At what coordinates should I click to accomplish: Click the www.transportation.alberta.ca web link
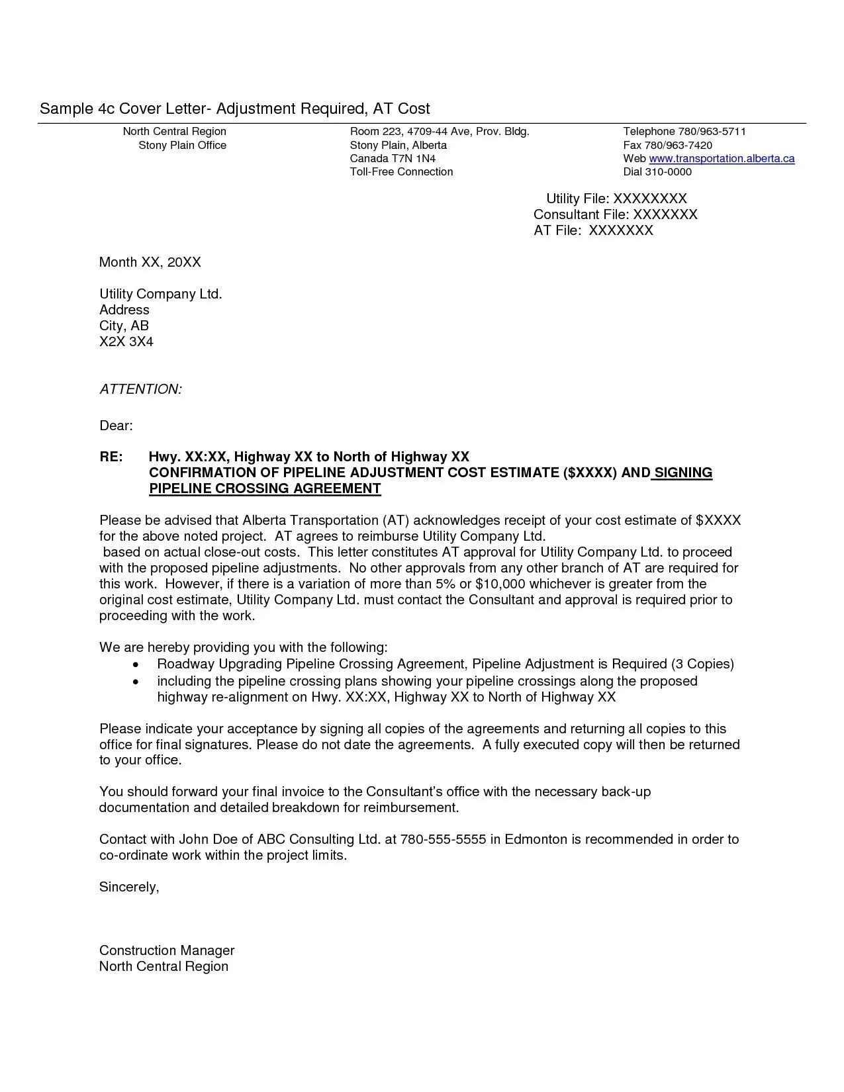[721, 159]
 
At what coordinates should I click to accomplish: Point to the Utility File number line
[616, 199]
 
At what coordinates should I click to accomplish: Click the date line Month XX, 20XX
[150, 262]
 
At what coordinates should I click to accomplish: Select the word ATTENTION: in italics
[140, 389]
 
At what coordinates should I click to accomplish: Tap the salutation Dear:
[116, 426]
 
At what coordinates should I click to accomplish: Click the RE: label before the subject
[111, 457]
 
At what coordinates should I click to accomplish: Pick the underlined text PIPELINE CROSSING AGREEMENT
[265, 488]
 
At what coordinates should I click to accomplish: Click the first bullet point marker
[136, 664]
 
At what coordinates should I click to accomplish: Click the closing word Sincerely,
[129, 887]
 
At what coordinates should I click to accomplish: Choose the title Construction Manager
[167, 950]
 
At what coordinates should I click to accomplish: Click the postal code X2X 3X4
[126, 341]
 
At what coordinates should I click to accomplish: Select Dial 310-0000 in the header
[657, 172]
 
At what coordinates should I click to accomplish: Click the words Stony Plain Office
[182, 146]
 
